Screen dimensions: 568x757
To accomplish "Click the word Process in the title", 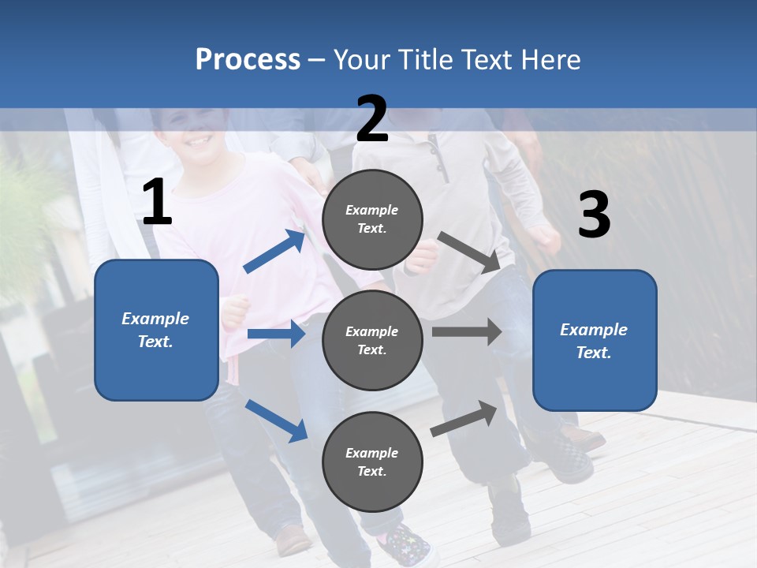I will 248,59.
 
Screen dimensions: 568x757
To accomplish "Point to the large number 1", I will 157,203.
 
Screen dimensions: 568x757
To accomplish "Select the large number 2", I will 372,119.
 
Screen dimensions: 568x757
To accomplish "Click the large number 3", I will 594,215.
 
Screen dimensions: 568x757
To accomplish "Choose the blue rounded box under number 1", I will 156,330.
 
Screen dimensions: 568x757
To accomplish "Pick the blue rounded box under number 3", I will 595,340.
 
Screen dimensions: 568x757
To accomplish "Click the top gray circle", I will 372,219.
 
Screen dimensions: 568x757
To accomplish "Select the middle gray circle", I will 372,340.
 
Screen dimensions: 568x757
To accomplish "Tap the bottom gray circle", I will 372,461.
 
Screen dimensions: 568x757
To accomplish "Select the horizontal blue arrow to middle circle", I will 276,334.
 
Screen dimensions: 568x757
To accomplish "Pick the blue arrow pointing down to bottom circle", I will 276,420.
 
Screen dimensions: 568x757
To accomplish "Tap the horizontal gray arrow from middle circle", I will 467,331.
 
